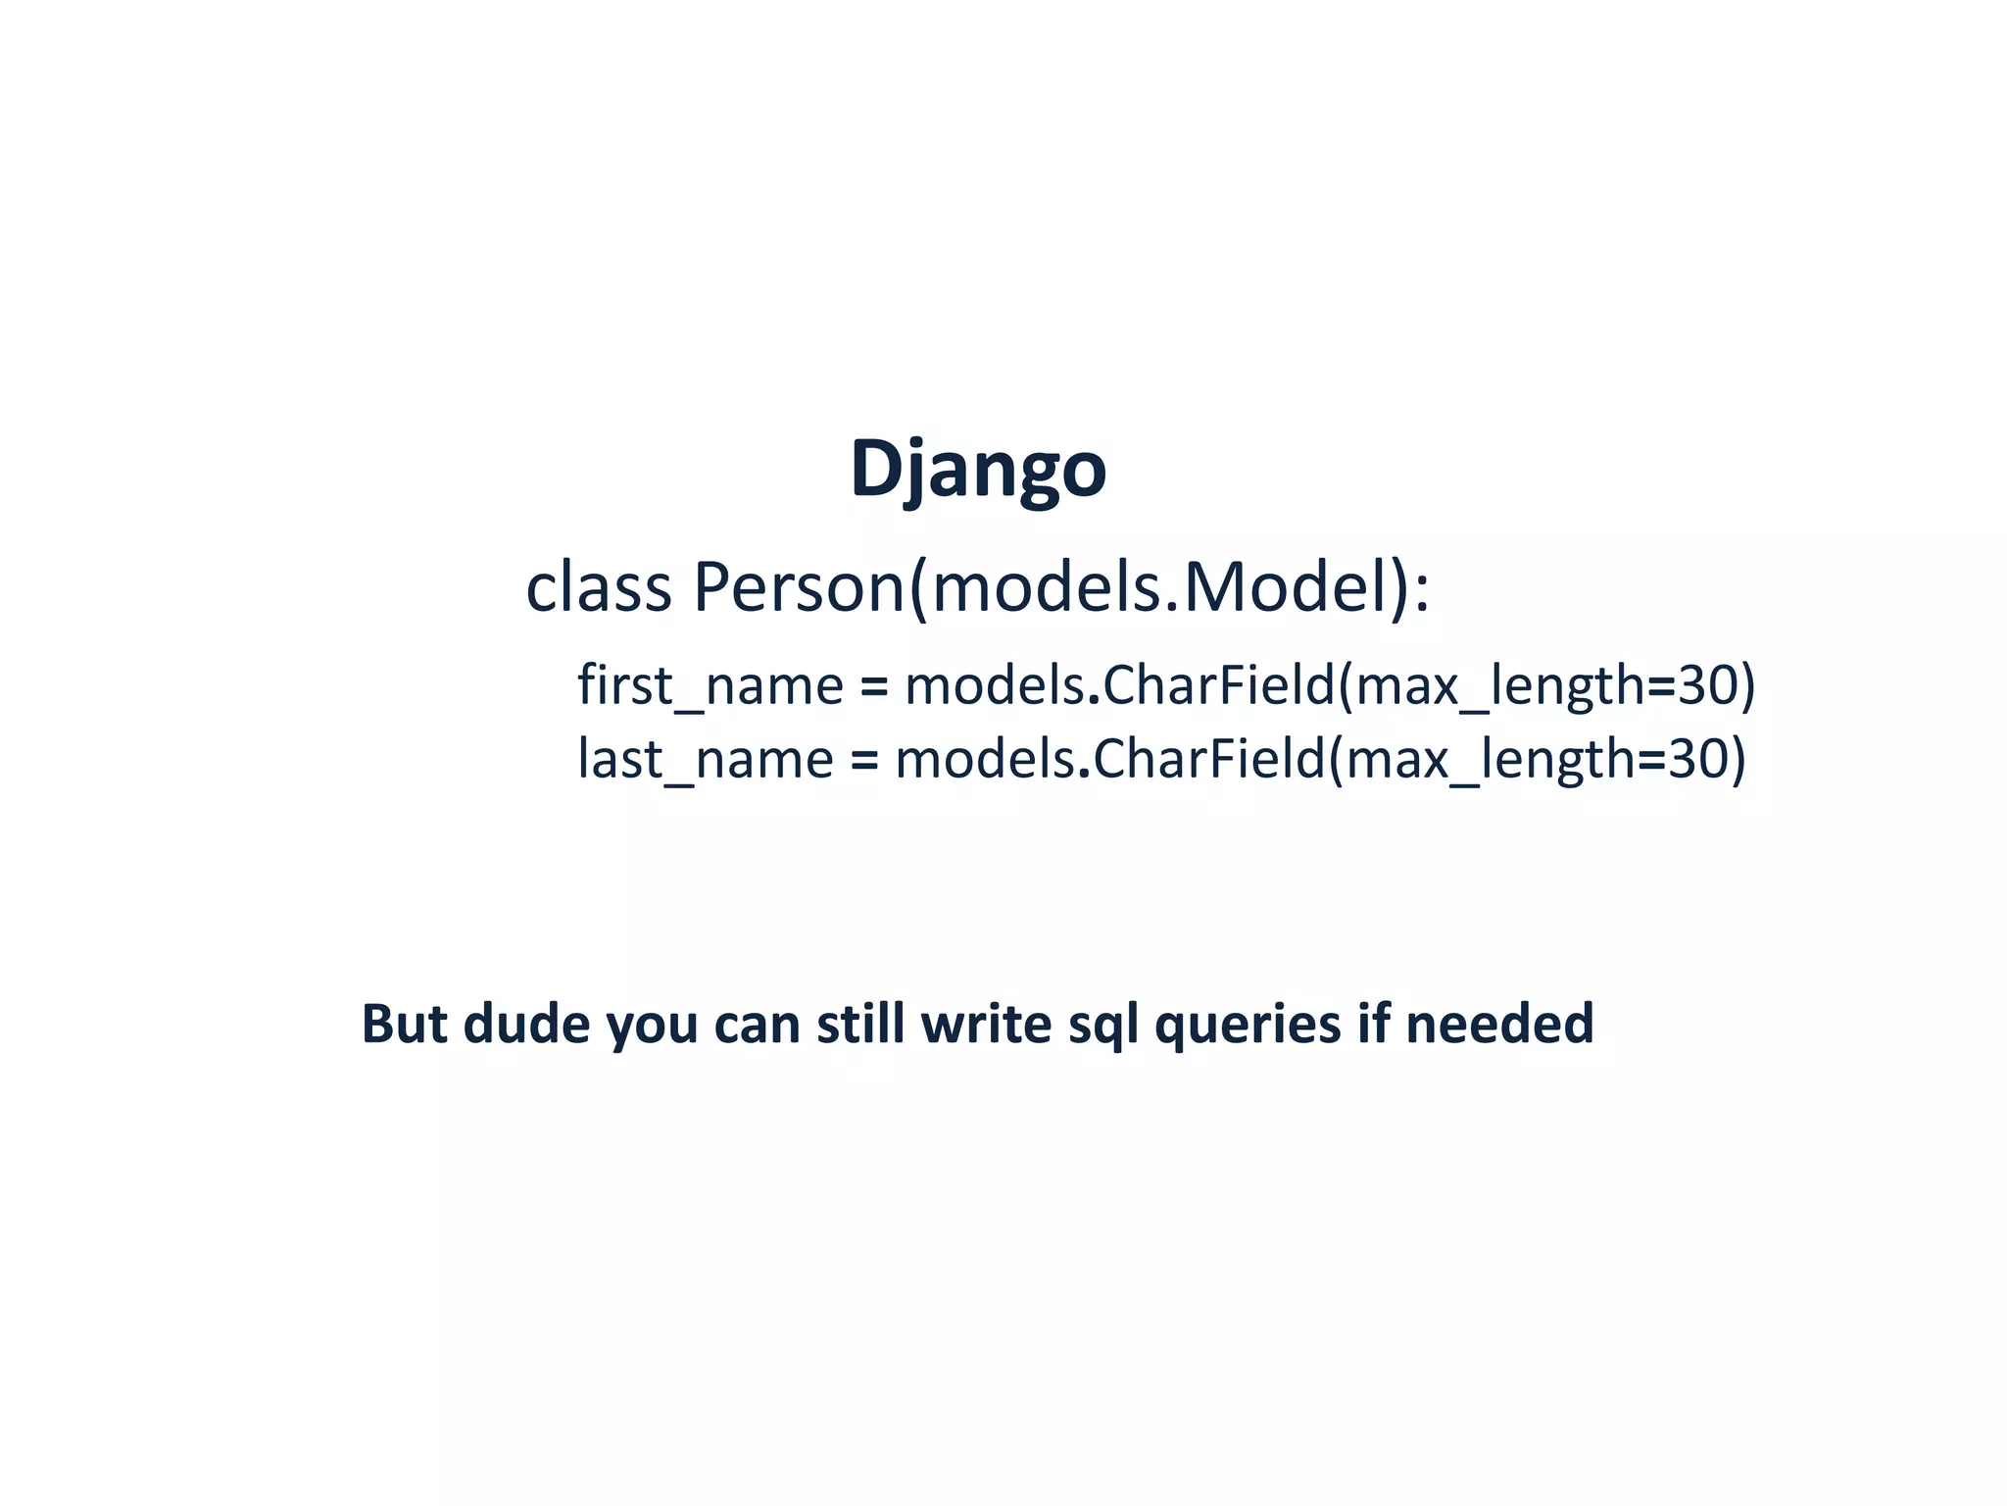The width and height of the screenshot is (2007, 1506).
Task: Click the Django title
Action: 978,470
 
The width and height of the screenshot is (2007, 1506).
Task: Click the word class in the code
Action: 598,588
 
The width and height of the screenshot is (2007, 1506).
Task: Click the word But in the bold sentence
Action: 406,1024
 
